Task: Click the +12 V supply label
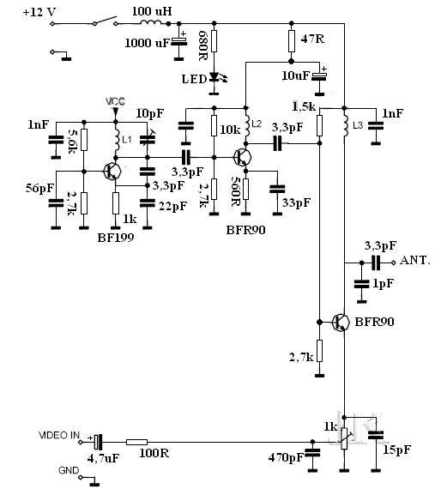tap(39, 13)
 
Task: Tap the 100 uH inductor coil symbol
tap(151, 22)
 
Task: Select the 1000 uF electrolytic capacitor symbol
tap(179, 41)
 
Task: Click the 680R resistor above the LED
tap(214, 41)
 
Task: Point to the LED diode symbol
tap(214, 77)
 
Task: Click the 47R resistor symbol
tap(292, 41)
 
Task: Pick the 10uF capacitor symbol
tap(319, 75)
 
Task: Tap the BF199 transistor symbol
tap(112, 172)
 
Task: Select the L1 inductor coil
tap(116, 140)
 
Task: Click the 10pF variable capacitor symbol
tap(148, 139)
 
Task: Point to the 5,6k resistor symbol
tap(84, 140)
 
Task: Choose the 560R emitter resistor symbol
tap(245, 189)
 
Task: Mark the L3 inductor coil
tap(345, 126)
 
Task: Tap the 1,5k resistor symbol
tap(319, 125)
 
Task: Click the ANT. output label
tap(414, 260)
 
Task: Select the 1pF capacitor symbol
tap(361, 284)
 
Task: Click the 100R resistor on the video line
tap(136, 443)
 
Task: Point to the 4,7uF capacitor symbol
tap(99, 442)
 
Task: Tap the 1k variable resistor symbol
tap(344, 438)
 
